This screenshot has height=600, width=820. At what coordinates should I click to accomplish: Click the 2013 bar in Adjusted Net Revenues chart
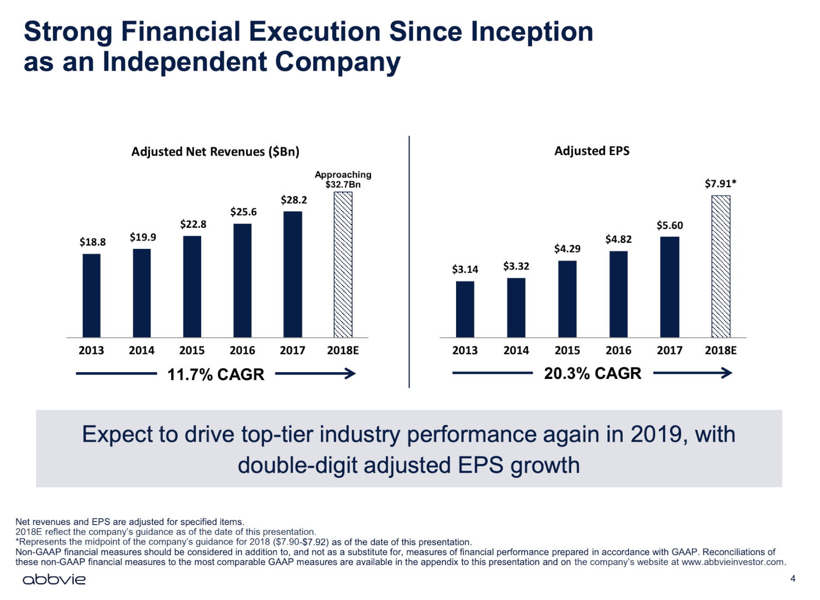click(92, 296)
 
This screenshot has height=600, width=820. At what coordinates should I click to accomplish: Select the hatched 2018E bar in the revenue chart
click(343, 264)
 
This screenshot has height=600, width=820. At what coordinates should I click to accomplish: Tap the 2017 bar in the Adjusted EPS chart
click(669, 287)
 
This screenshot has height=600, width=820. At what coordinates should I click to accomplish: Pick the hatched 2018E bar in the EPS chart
click(721, 266)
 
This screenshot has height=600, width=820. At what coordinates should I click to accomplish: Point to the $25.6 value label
click(243, 212)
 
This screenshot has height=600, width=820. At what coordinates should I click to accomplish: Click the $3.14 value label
click(465, 269)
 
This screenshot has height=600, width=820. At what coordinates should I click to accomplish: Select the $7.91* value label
click(721, 184)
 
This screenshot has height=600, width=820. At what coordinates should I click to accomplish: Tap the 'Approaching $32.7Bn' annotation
click(343, 179)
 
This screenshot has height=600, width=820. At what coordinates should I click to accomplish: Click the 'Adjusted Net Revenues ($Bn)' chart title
click(215, 152)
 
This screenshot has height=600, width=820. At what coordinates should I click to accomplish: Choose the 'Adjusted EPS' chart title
click(592, 151)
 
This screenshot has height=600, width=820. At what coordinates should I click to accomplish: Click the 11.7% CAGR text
click(216, 374)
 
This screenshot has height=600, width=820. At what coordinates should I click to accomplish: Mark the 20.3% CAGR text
click(592, 373)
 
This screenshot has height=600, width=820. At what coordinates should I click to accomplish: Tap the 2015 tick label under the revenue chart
click(192, 351)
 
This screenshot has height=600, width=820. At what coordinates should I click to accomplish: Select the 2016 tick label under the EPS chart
click(618, 351)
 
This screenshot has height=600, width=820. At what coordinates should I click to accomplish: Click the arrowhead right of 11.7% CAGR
click(350, 374)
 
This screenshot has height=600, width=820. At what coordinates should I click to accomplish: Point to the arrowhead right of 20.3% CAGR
click(727, 373)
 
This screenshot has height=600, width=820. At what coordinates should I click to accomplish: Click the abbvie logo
click(54, 579)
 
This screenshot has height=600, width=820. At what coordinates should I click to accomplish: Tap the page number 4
click(793, 579)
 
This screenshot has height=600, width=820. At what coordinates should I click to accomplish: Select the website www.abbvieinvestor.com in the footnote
click(733, 562)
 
